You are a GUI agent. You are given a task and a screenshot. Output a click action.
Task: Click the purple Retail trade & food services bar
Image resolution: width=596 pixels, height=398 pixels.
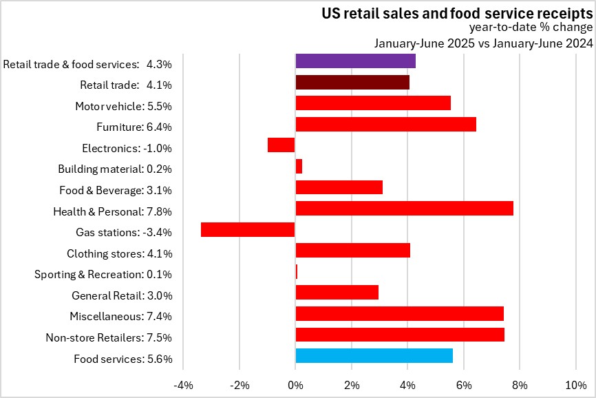tap(355, 61)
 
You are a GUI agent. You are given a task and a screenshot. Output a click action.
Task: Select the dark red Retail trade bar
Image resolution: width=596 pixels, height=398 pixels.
tap(352, 82)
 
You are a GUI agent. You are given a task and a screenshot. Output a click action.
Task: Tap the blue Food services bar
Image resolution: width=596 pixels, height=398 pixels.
tap(374, 355)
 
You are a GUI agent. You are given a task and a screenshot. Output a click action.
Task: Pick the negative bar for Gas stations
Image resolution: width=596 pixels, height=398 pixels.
tap(248, 229)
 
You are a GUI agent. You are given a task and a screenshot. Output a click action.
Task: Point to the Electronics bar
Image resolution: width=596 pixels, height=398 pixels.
tap(281, 145)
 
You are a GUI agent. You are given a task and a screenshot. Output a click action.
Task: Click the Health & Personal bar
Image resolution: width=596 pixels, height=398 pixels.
tap(404, 208)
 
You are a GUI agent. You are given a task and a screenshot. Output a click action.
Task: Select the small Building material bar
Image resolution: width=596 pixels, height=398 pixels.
tap(299, 166)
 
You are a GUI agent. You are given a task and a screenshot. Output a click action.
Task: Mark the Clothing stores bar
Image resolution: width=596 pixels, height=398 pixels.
tap(352, 250)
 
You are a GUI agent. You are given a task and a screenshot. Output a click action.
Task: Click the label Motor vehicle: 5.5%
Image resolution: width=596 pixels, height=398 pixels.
tap(123, 106)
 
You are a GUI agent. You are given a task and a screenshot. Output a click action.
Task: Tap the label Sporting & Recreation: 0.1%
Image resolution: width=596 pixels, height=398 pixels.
tap(103, 275)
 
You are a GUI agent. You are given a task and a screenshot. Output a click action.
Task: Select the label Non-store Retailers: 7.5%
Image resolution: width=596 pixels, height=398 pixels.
tap(108, 337)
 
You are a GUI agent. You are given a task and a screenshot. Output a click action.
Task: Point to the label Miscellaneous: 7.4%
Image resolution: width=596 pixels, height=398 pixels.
tap(120, 317)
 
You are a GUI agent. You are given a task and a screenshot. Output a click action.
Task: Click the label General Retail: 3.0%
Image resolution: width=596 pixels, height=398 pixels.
tap(121, 295)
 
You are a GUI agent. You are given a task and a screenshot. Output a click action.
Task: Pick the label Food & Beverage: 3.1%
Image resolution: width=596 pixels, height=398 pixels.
tap(114, 190)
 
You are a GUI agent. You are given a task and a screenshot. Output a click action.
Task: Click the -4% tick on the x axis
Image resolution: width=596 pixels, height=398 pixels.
tap(183, 384)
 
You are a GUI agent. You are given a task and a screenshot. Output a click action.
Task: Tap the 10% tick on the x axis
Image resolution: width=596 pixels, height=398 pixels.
tap(575, 384)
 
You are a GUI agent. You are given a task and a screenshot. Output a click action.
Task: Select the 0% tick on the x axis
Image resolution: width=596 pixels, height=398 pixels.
tap(295, 384)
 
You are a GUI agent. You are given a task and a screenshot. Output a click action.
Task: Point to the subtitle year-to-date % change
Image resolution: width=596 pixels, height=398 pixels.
tap(531, 28)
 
